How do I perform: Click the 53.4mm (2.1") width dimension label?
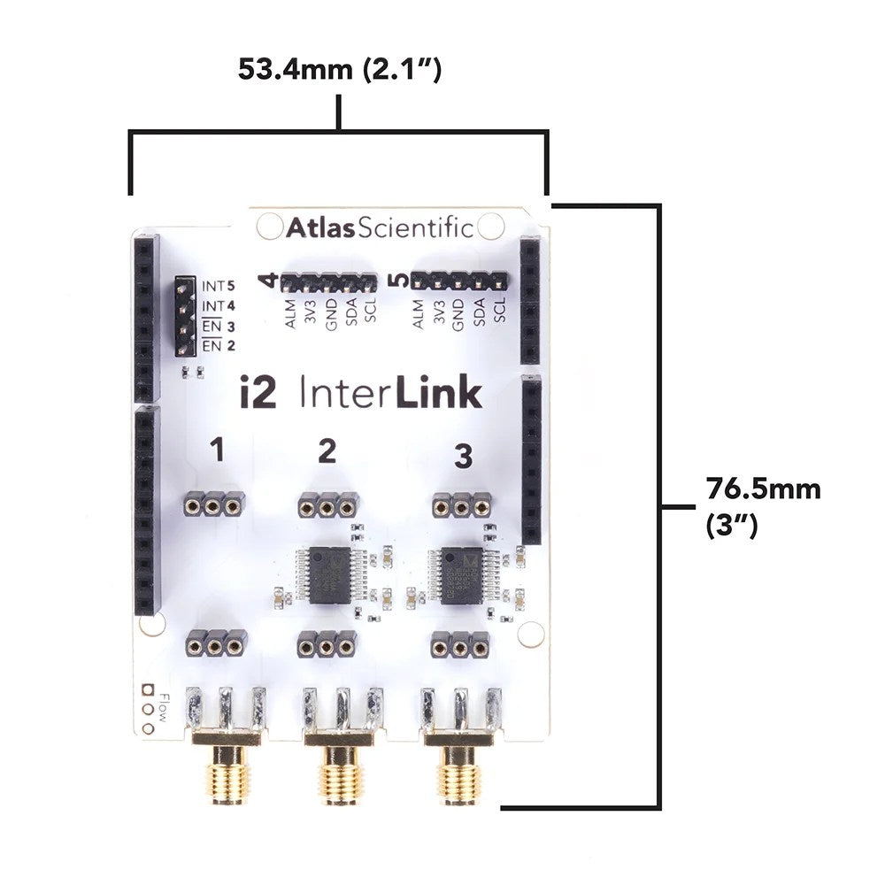click(340, 70)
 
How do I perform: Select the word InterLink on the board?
click(391, 392)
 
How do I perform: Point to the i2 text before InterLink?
click(258, 392)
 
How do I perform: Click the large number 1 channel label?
click(217, 451)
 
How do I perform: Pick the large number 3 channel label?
click(462, 457)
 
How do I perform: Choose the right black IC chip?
click(459, 572)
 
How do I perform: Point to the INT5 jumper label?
click(218, 286)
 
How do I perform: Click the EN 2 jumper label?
click(218, 346)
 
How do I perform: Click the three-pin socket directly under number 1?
click(213, 505)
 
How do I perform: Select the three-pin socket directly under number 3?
click(461, 506)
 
